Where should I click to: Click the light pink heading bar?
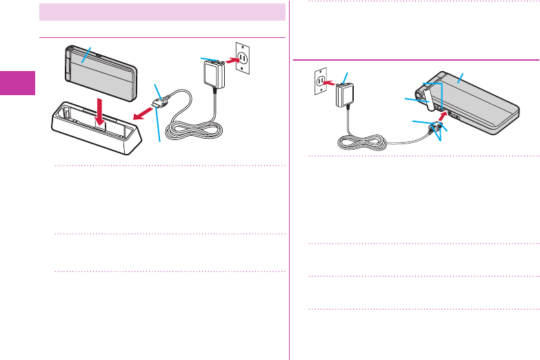162,12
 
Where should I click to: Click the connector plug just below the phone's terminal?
436,127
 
